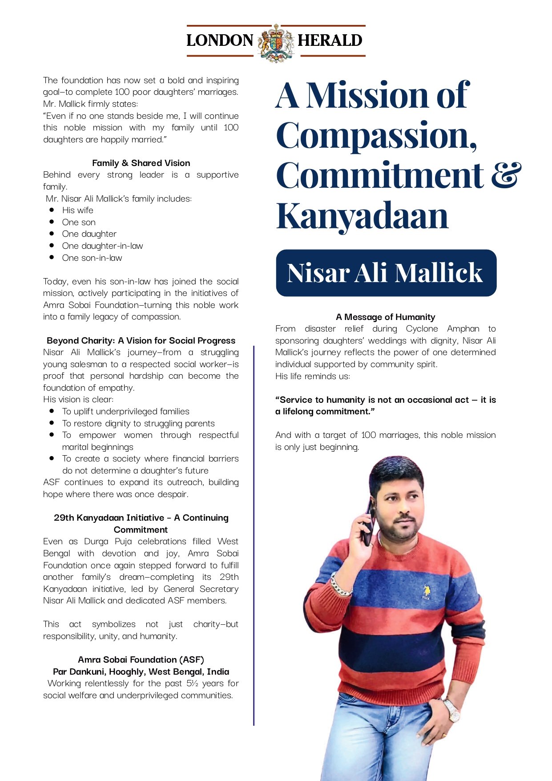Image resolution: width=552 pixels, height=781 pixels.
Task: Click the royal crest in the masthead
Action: click(276, 42)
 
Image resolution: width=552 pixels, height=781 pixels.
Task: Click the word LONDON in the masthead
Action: click(220, 40)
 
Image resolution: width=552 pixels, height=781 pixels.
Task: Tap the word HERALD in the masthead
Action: click(330, 40)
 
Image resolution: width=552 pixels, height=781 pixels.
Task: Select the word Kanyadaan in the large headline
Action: click(362, 216)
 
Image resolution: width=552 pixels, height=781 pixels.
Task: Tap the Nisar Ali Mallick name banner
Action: click(386, 273)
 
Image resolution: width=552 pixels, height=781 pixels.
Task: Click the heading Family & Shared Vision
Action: click(141, 163)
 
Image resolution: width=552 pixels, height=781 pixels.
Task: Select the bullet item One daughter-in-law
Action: click(102, 246)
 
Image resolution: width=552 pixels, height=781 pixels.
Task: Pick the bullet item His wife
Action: click(77, 210)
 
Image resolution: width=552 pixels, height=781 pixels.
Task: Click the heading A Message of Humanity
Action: click(385, 317)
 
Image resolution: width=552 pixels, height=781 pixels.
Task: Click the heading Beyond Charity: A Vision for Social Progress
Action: click(141, 340)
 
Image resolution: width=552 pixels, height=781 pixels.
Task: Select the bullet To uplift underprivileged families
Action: click(125, 411)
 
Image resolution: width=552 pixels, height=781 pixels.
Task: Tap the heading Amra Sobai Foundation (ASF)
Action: click(141, 660)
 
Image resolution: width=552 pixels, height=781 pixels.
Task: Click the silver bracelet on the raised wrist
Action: click(341, 587)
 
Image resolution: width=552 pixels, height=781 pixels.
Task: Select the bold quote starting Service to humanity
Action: click(385, 405)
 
